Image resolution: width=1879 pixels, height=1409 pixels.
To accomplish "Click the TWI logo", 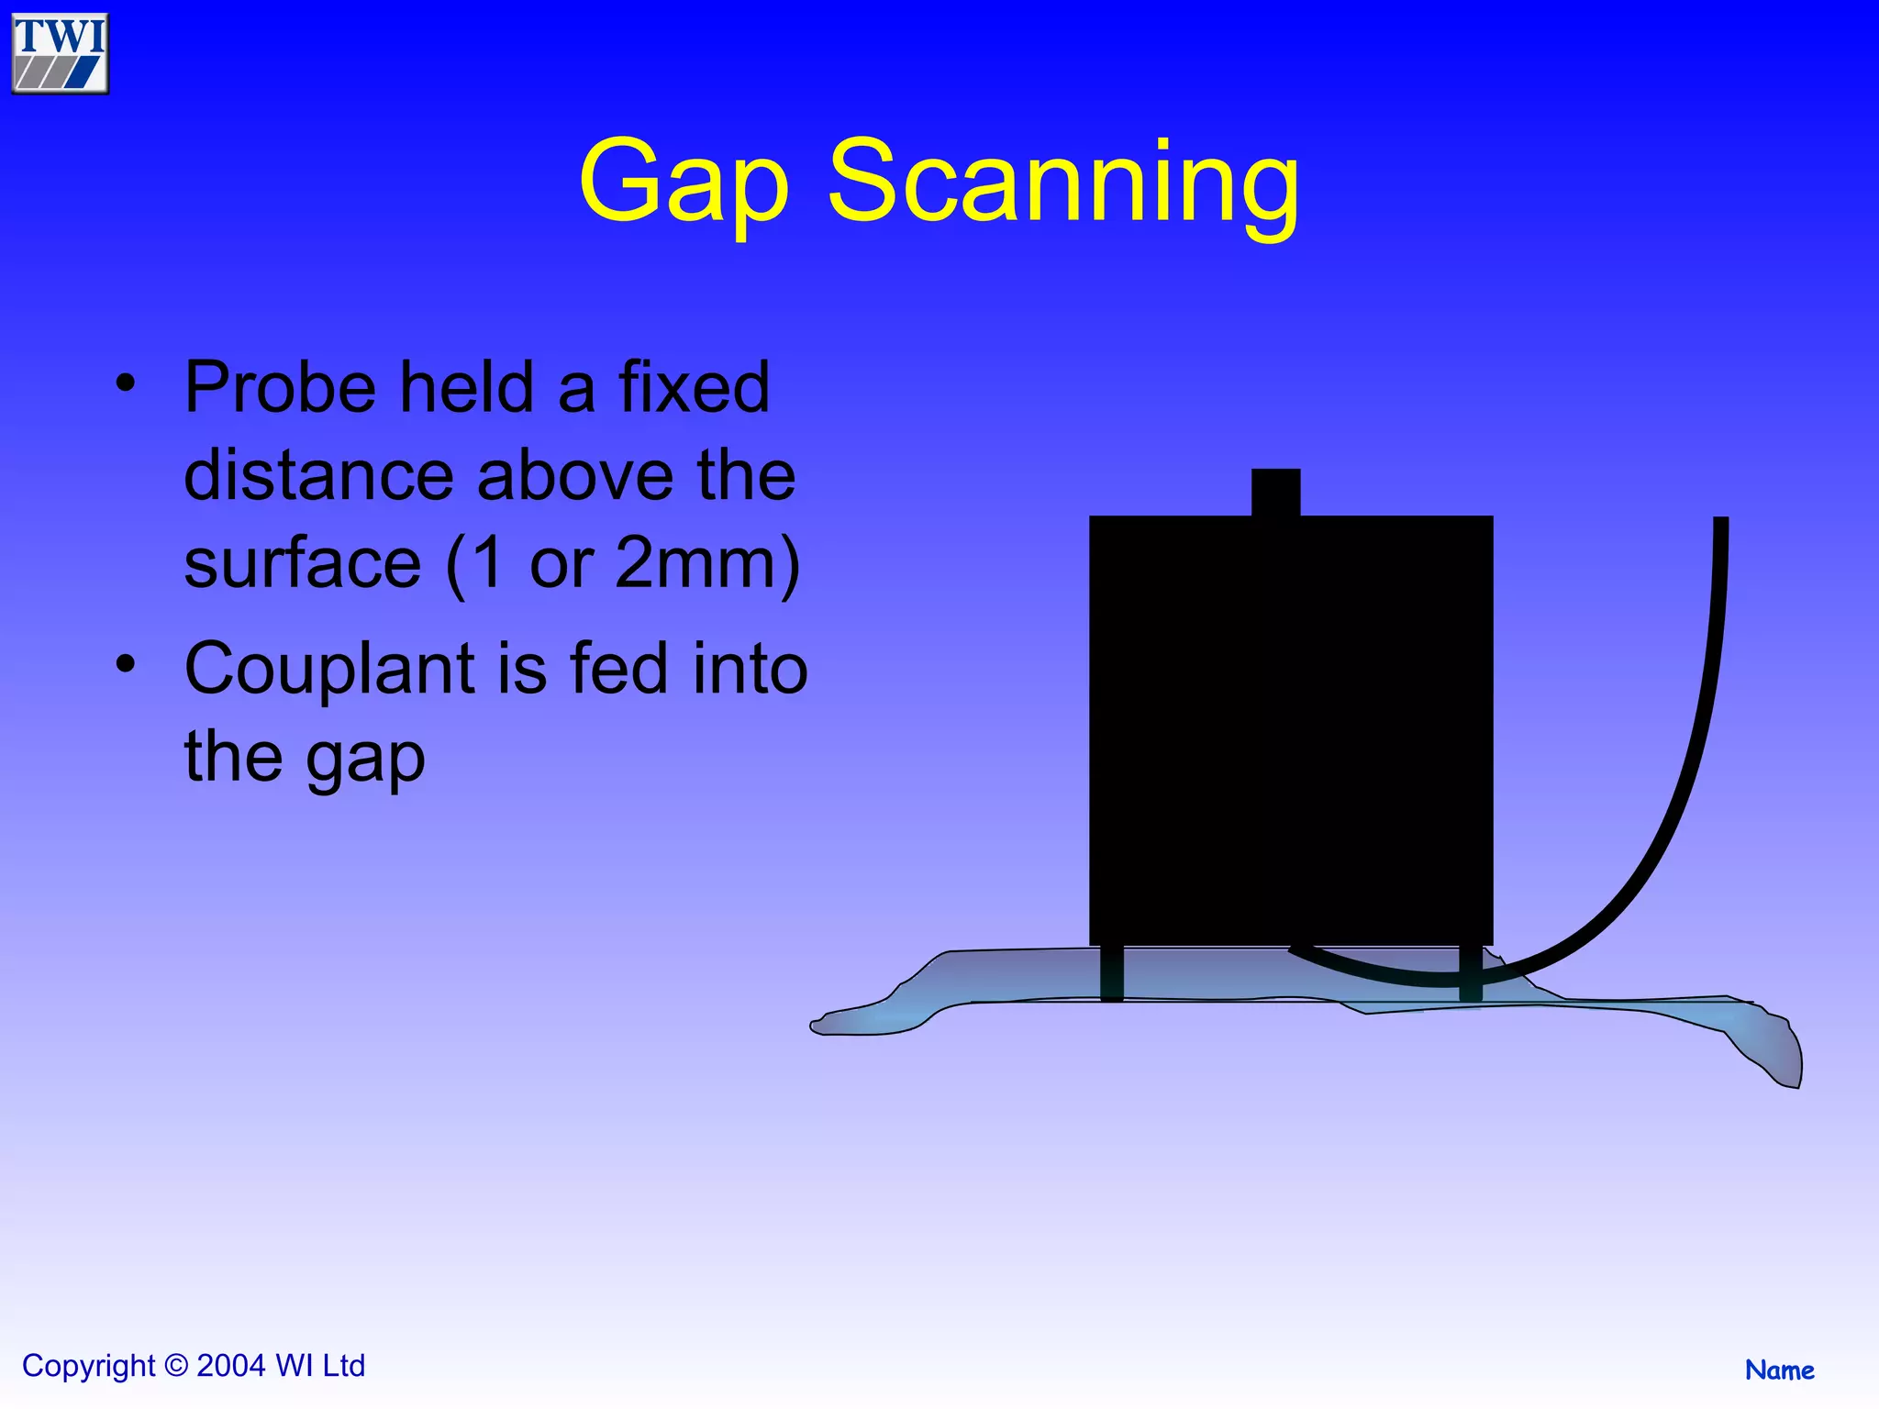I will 60,53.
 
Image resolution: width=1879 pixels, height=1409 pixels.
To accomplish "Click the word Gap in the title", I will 684,183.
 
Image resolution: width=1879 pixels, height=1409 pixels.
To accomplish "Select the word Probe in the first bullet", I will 281,389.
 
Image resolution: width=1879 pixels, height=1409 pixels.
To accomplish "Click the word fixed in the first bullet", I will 694,387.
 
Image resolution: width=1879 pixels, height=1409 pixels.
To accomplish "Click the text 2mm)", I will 707,563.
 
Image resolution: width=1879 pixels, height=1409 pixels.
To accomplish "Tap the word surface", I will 302,565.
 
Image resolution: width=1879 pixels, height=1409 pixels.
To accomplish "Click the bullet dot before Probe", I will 126,383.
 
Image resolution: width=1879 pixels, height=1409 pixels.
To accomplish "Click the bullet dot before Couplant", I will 126,663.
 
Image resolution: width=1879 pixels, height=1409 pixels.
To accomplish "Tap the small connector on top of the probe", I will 1275,493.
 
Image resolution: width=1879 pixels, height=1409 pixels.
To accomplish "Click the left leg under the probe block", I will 1112,973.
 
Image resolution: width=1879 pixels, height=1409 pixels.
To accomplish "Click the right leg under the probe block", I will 1470,973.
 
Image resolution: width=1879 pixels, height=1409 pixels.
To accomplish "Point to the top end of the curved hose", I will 1720,525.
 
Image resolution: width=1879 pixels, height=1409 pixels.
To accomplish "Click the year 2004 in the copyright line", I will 231,1366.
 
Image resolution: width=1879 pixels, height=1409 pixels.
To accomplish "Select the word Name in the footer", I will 1779,1370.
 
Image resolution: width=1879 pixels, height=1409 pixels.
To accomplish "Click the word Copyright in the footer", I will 89,1366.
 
